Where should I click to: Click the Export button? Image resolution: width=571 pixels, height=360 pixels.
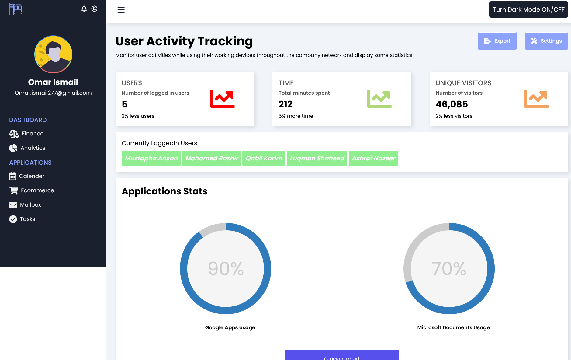click(x=497, y=41)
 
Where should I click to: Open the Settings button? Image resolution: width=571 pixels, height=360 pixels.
click(x=546, y=41)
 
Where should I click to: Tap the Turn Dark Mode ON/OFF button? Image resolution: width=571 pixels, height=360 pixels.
click(x=528, y=9)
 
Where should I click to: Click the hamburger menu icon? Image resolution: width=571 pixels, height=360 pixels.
click(x=121, y=10)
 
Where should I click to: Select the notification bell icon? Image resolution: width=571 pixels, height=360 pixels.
click(x=84, y=9)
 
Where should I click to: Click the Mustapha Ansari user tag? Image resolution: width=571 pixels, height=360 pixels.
click(x=151, y=158)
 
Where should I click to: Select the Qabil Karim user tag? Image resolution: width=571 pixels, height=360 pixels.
click(x=264, y=158)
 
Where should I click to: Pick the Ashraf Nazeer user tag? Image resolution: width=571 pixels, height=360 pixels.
click(x=373, y=158)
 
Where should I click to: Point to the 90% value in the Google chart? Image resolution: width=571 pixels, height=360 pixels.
click(x=226, y=269)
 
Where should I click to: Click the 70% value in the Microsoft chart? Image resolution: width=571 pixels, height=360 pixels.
click(x=449, y=269)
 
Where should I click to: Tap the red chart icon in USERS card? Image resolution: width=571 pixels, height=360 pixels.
click(x=222, y=99)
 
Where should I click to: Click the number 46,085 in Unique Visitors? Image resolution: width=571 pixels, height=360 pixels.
click(x=452, y=104)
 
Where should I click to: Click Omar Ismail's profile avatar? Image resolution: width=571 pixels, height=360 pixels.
click(x=53, y=54)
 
